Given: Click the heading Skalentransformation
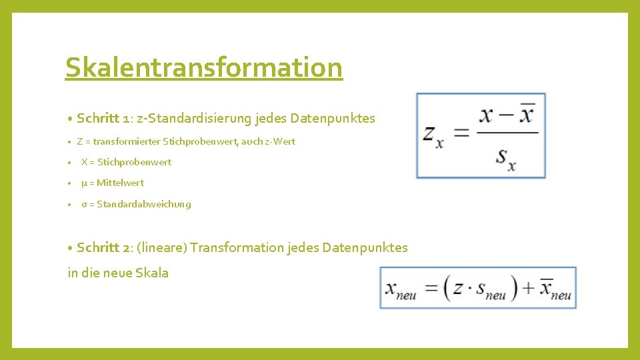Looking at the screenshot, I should (203, 67).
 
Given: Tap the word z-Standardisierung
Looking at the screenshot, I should (195, 119).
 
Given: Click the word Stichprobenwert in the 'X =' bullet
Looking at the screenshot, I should (134, 162).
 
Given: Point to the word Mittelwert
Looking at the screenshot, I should (120, 183).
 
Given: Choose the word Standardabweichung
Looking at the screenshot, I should (143, 204).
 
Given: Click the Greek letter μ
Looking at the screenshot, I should (84, 183).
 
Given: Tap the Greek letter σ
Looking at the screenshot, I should (84, 204).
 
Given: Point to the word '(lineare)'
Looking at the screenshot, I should (161, 247).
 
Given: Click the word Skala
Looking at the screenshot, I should (152, 273).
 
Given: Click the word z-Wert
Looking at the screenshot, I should (280, 141).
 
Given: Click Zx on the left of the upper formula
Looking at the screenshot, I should (433, 135).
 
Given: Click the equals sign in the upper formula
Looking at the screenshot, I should (461, 133).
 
